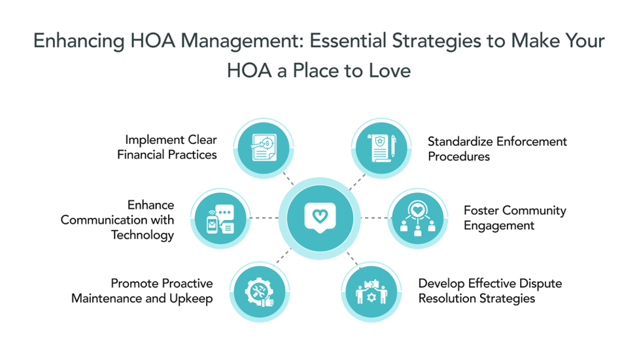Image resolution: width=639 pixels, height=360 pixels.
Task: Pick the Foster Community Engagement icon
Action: click(x=417, y=218)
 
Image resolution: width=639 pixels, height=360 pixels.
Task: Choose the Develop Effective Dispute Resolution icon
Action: click(x=371, y=291)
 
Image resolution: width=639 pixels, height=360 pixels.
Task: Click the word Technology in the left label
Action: click(x=143, y=235)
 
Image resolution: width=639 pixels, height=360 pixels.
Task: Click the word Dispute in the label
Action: click(x=540, y=283)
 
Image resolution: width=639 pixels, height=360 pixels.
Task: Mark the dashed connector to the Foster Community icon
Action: click(x=373, y=217)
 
